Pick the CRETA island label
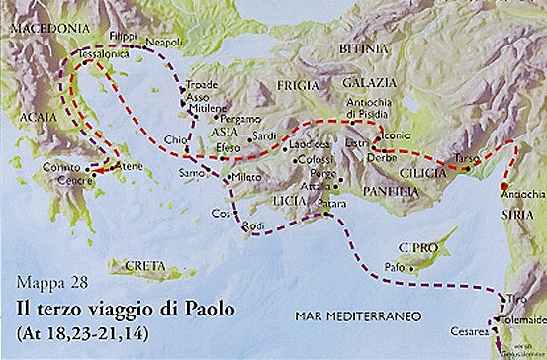tap(145, 266)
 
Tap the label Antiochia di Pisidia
tap(375, 107)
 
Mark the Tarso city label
tap(468, 158)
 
